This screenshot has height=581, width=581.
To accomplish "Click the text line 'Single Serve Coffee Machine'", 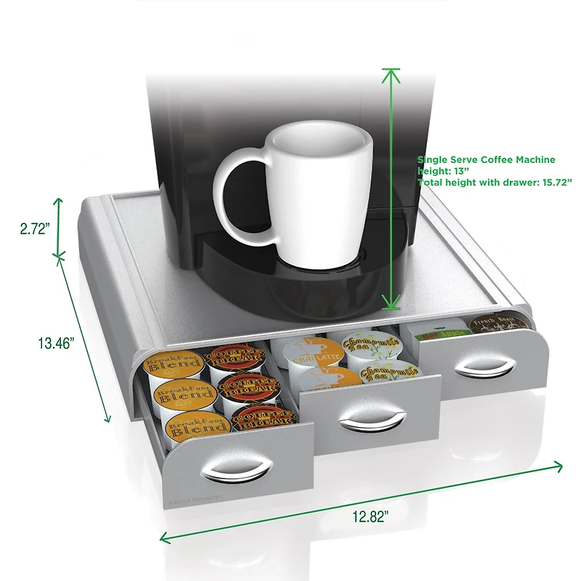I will (x=486, y=159).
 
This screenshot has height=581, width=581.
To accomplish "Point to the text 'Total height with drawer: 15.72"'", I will (x=495, y=182).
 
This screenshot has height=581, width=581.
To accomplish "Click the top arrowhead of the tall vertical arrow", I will (x=391, y=73).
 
